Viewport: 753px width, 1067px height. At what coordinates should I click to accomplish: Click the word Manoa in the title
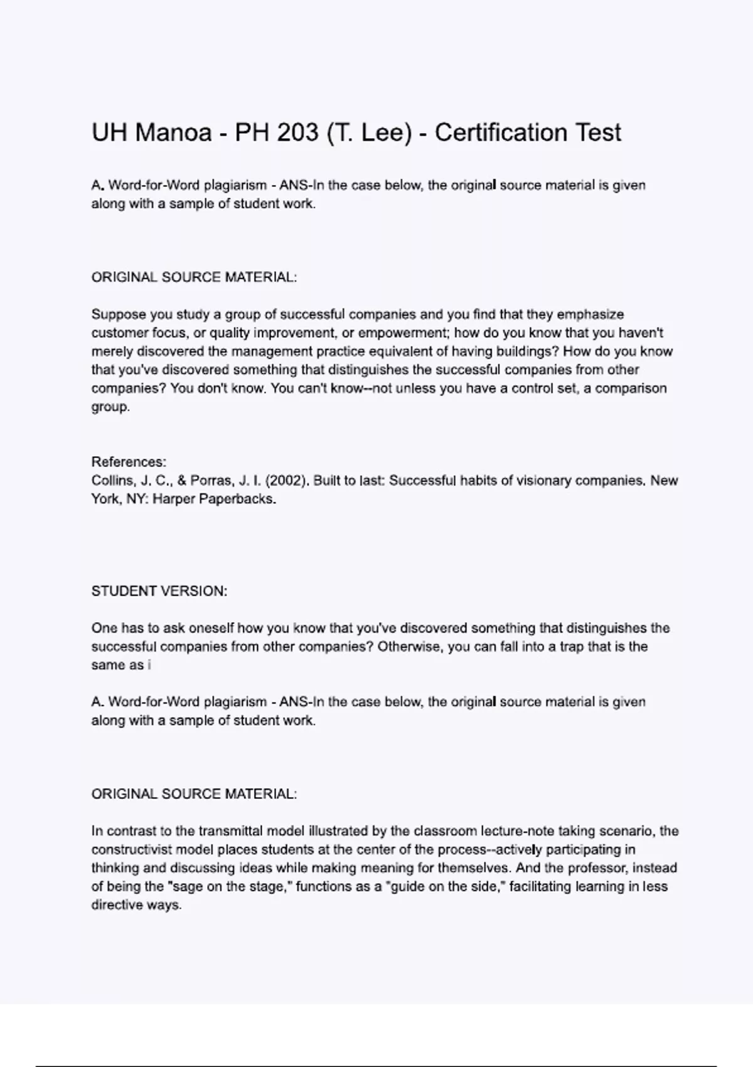(173, 133)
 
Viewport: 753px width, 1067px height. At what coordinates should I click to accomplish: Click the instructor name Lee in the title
(387, 133)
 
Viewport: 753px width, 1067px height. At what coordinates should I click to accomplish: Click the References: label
(129, 463)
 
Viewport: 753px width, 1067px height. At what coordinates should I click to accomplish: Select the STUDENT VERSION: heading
(159, 591)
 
